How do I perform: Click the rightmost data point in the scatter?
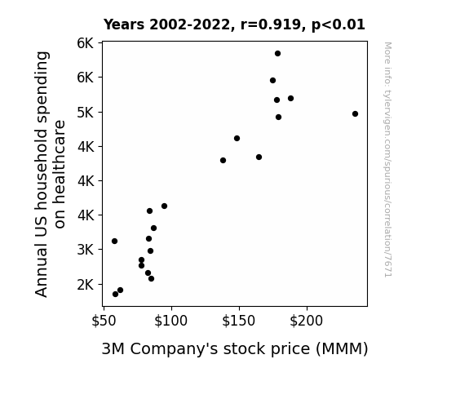(x=355, y=113)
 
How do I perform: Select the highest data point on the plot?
(x=277, y=54)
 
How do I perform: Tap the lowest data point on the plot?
(x=115, y=295)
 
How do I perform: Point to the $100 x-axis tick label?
(x=170, y=322)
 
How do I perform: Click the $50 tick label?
(x=104, y=322)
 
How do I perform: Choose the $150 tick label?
(x=238, y=322)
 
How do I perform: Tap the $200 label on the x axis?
(x=307, y=322)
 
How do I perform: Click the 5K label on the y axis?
(x=86, y=113)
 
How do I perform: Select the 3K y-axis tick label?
(x=86, y=250)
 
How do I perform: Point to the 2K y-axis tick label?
(x=86, y=285)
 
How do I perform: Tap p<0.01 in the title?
(x=338, y=25)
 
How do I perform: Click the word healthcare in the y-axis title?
(x=60, y=175)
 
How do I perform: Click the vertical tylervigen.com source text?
(x=387, y=160)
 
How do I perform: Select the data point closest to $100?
(x=164, y=206)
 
